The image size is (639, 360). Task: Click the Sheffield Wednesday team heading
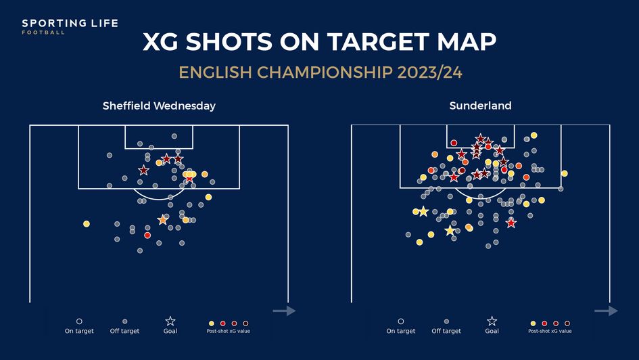tap(159, 106)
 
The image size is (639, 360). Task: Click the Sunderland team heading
tap(480, 106)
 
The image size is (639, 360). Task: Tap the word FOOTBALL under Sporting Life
tap(43, 32)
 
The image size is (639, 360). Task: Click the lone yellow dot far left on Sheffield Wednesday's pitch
tap(87, 224)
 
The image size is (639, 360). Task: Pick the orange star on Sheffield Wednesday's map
tap(162, 220)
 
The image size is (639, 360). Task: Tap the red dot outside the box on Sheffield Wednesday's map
tap(147, 235)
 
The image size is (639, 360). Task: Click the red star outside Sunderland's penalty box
tap(511, 223)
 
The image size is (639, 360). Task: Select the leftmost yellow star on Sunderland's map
tap(423, 212)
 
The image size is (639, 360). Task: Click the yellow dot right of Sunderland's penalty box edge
tap(564, 174)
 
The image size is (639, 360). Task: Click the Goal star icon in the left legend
tap(170, 321)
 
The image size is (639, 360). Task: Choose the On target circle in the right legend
tap(401, 322)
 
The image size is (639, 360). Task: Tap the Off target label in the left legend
tap(124, 331)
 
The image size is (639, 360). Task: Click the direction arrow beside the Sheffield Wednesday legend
tap(284, 311)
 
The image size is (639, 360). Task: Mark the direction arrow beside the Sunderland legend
tap(606, 311)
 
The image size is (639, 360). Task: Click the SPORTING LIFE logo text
tap(70, 24)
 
